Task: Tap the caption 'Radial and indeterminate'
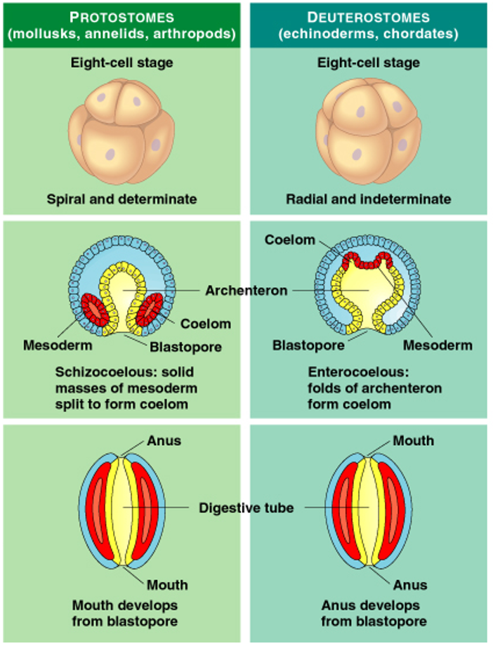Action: pyautogui.click(x=368, y=199)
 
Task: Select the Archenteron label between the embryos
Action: pyautogui.click(x=246, y=290)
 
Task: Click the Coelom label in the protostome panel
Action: pyautogui.click(x=206, y=324)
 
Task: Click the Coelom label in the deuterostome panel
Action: pyautogui.click(x=290, y=240)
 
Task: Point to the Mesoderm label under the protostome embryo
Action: pyautogui.click(x=58, y=345)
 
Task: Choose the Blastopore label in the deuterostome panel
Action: pyautogui.click(x=308, y=345)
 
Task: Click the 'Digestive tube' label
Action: pyautogui.click(x=246, y=507)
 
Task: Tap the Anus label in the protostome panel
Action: pyautogui.click(x=164, y=441)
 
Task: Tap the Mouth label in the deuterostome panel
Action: pyautogui.click(x=413, y=441)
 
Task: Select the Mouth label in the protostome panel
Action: pyautogui.click(x=167, y=585)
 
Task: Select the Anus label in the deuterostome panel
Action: pyautogui.click(x=410, y=585)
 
